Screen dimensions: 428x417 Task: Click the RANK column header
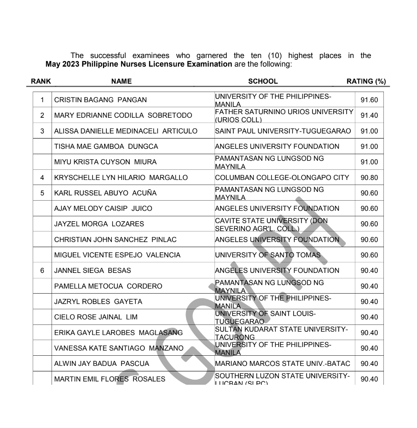click(41, 81)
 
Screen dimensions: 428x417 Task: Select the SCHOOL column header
click(263, 81)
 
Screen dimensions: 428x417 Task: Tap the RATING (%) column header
click(366, 81)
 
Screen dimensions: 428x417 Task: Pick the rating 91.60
click(369, 100)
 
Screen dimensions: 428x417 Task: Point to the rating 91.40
click(369, 116)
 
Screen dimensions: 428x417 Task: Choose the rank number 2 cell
click(42, 116)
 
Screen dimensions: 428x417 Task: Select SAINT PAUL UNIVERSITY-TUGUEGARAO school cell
click(283, 131)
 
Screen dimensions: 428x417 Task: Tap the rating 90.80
click(369, 178)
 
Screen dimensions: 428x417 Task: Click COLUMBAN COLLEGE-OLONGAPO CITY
click(282, 178)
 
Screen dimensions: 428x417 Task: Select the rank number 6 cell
click(42, 271)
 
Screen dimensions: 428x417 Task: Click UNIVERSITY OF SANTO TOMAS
click(268, 255)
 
